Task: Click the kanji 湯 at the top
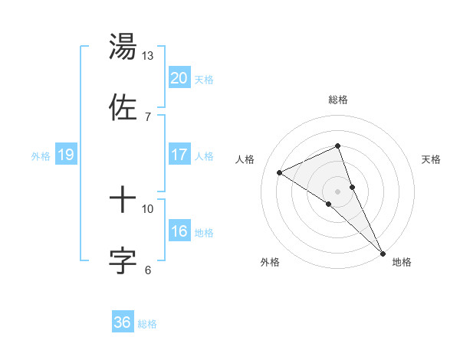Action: (x=123, y=47)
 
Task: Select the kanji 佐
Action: (x=123, y=106)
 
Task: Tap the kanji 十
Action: (x=123, y=201)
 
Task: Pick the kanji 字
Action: (x=123, y=260)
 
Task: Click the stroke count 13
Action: (x=148, y=56)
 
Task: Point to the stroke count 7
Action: (x=147, y=116)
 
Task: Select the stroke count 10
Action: (x=148, y=209)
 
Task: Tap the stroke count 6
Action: (x=148, y=270)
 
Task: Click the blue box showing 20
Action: (x=179, y=77)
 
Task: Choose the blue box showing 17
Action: (x=179, y=155)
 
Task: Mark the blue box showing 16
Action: (x=179, y=231)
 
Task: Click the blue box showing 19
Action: (x=66, y=155)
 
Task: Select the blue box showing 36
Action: (x=123, y=322)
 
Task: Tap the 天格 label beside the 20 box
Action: (x=204, y=79)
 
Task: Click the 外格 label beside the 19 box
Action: (x=41, y=155)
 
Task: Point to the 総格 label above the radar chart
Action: (x=338, y=100)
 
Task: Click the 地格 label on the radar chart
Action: (x=402, y=263)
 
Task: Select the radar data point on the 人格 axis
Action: (x=280, y=172)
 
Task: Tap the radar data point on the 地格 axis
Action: (x=382, y=251)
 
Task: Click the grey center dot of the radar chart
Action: (x=338, y=191)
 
